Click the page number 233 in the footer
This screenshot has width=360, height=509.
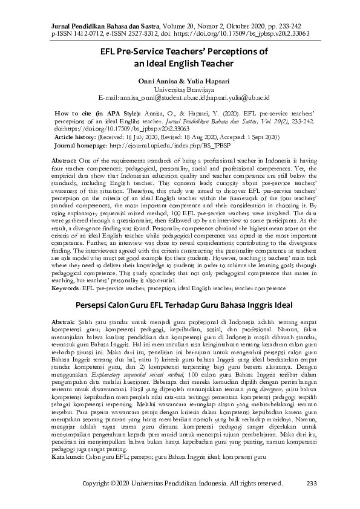[x=312, y=483]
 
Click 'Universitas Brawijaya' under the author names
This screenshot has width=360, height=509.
[x=179, y=88]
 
